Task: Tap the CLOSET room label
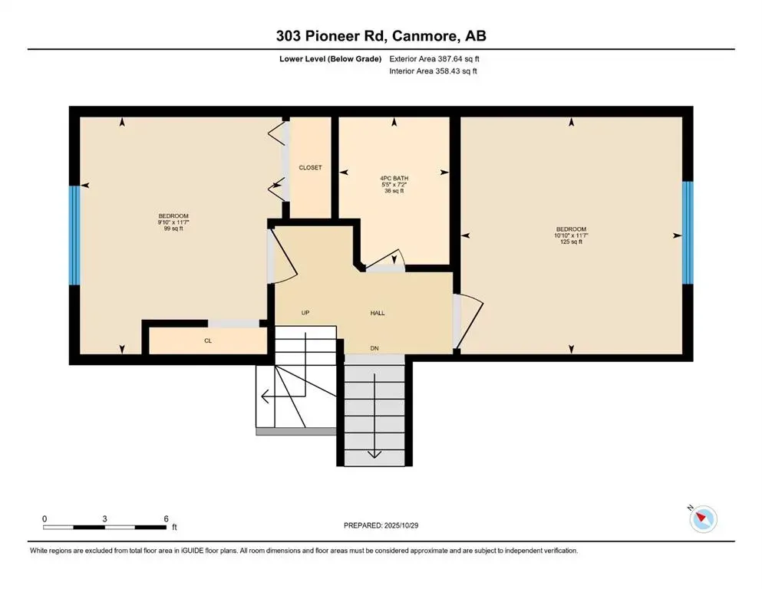(310, 167)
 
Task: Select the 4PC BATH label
(394, 179)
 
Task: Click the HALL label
(378, 313)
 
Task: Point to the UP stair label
(305, 313)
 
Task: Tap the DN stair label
(374, 349)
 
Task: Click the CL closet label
(208, 341)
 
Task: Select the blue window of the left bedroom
(74, 235)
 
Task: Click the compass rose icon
(703, 519)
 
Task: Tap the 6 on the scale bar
(167, 518)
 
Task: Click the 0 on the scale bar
(45, 518)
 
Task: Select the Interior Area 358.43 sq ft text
(434, 71)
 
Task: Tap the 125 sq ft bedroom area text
(571, 242)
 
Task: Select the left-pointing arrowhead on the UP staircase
(266, 397)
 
